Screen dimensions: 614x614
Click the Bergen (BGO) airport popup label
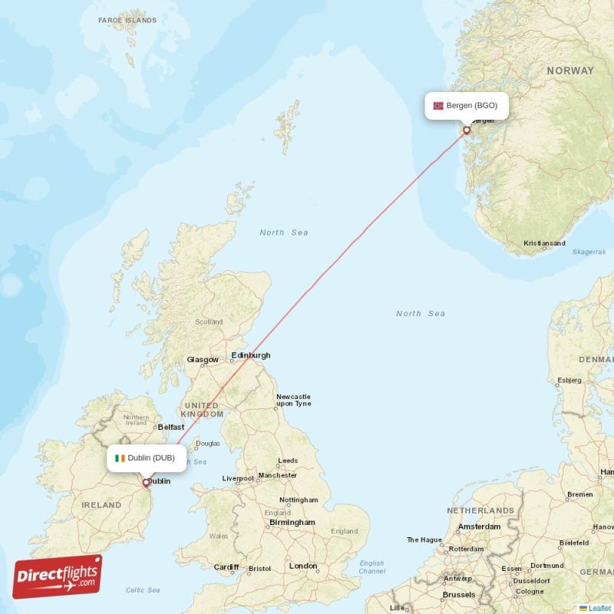tap(466, 105)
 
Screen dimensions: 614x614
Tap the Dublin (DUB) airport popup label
tap(146, 458)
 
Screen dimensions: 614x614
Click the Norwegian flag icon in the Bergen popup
tap(438, 106)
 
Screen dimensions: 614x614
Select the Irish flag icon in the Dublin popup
tap(120, 458)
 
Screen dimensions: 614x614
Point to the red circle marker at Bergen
tap(466, 130)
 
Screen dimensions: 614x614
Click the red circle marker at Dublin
tap(146, 483)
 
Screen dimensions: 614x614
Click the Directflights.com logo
tap(58, 576)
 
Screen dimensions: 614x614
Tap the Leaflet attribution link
tap(599, 608)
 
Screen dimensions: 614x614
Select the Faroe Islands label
tap(127, 20)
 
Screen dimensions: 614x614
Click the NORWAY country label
tap(569, 71)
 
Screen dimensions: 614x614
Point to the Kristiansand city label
tap(544, 243)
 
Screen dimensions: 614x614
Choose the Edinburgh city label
tap(251, 355)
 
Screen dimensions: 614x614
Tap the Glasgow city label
tap(203, 359)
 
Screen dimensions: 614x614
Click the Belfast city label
tap(171, 427)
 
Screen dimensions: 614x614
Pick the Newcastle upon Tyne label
tap(293, 400)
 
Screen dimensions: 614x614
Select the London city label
tap(303, 566)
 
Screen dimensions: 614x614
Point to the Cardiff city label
tap(226, 567)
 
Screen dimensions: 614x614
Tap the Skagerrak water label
tap(589, 252)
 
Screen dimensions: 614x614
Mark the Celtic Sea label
tap(143, 589)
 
